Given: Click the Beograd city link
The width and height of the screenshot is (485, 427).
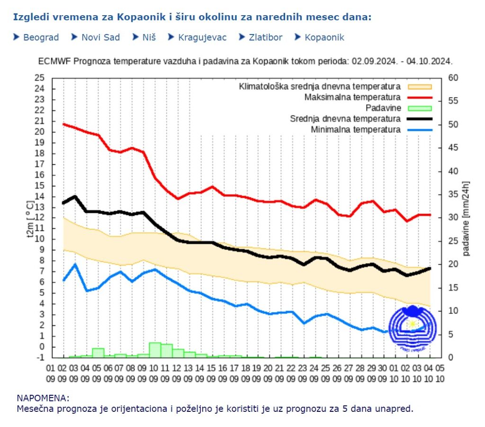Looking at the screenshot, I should pos(41,37).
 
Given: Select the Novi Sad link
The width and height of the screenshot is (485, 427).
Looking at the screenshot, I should pos(100,37).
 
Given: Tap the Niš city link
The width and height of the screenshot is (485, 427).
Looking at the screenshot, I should pos(149,37).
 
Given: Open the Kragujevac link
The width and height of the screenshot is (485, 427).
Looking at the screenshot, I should pos(202,37).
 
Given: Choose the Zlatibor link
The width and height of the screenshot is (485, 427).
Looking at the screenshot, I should pos(265,37).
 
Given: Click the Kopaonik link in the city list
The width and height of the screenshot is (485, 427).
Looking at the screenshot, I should pos(324,37).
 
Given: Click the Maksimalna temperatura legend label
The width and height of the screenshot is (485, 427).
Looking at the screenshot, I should pos(352,97).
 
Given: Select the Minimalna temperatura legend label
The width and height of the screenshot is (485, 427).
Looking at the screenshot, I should pos(356,129).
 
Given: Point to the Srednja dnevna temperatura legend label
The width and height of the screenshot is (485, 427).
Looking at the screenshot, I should pos(345,119).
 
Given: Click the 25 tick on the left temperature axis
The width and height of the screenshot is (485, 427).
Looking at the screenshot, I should pos(40,78).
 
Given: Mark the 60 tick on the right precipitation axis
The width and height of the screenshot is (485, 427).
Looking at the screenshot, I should pos(453,78).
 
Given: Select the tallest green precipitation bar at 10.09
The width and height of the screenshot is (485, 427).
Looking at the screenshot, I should pos(155,350).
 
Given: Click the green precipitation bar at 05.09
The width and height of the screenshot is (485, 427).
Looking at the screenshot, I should pos(98,353).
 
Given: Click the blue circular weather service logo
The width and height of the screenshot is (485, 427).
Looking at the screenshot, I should pos(411,328).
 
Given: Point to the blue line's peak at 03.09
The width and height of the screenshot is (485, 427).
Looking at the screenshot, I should pos(75,264).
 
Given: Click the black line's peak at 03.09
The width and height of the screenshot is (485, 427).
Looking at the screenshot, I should pos(75,196).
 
